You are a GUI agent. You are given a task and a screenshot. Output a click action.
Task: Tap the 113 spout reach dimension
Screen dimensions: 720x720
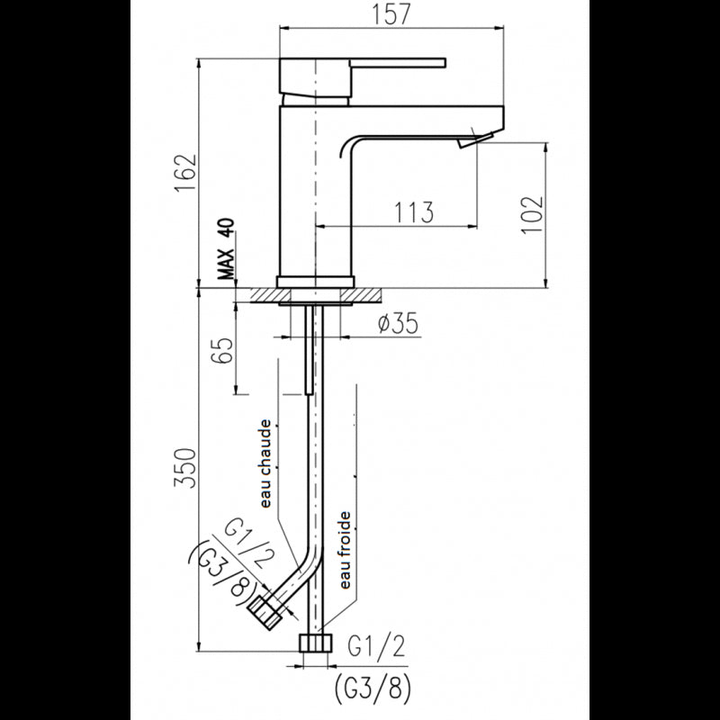(x=413, y=211)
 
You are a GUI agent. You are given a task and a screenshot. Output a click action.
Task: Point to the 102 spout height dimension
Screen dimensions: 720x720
(x=532, y=214)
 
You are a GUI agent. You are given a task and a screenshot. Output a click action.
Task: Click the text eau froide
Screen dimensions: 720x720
(x=345, y=550)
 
